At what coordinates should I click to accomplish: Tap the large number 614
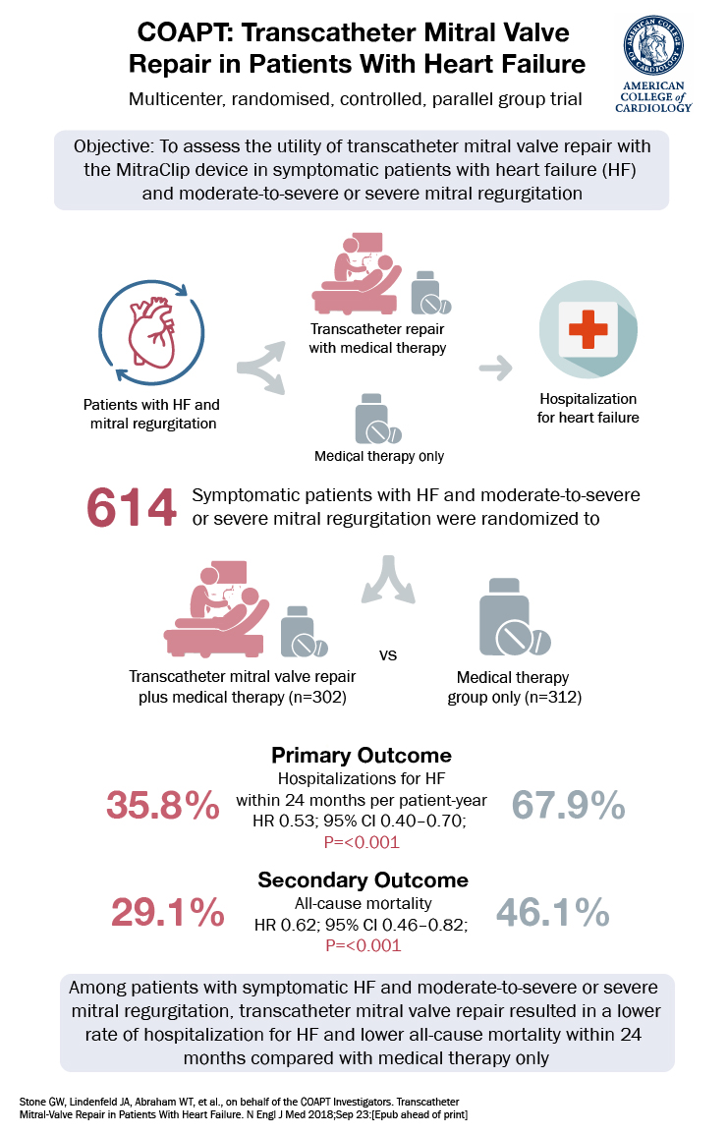pyautogui.click(x=132, y=507)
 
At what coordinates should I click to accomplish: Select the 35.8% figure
pyautogui.click(x=163, y=806)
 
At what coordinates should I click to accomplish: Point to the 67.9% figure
pyautogui.click(x=569, y=806)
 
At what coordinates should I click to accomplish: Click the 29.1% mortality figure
pyautogui.click(x=168, y=913)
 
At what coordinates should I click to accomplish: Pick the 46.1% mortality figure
pyautogui.click(x=553, y=913)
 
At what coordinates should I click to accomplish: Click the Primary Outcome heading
pyautogui.click(x=362, y=756)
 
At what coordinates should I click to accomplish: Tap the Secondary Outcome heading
pyautogui.click(x=362, y=880)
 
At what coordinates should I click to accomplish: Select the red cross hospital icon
pyautogui.click(x=588, y=328)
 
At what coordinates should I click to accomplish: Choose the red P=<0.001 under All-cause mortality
pyautogui.click(x=363, y=946)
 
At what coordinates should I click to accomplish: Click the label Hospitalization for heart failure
pyautogui.click(x=588, y=409)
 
